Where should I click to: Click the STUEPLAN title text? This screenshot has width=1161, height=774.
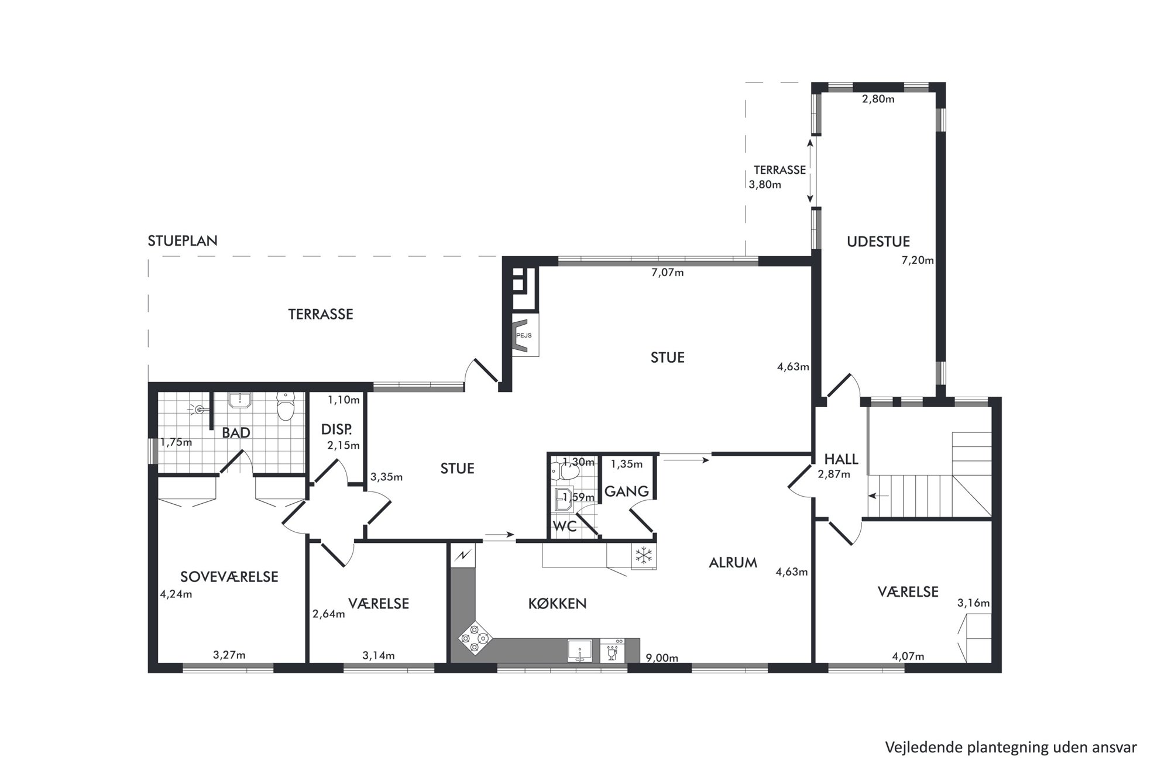click(183, 240)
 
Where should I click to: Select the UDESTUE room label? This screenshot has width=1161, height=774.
click(878, 241)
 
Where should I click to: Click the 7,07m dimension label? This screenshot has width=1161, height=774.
click(667, 272)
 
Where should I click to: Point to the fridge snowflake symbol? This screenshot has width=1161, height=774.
click(644, 556)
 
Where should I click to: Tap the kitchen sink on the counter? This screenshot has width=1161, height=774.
click(579, 651)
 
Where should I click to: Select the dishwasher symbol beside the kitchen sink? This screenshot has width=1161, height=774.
click(613, 651)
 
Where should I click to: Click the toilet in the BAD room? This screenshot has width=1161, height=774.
click(286, 405)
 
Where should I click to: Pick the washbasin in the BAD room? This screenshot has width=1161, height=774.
click(239, 400)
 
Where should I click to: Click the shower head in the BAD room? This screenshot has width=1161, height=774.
click(200, 410)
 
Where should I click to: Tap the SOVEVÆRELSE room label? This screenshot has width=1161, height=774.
click(229, 577)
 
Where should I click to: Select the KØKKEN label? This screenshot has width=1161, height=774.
click(557, 603)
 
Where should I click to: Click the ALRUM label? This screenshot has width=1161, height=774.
click(733, 562)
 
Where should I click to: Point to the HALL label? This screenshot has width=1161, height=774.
click(841, 459)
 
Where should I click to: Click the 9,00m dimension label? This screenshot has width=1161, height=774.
click(662, 658)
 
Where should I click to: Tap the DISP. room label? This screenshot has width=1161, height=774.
click(336, 429)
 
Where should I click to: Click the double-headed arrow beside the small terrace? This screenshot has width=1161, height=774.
click(810, 171)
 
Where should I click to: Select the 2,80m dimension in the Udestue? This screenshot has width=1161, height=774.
click(878, 99)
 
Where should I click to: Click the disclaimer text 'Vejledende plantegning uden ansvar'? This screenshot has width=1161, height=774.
click(1011, 747)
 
